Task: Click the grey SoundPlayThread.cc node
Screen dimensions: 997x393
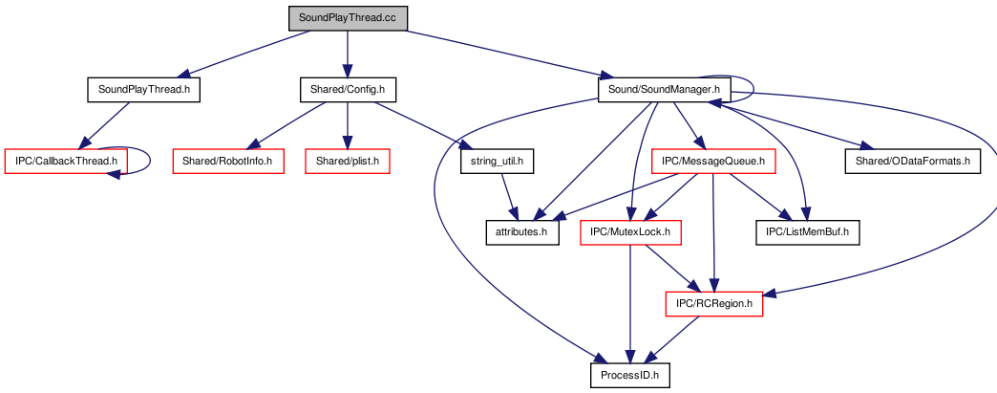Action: pyautogui.click(x=348, y=18)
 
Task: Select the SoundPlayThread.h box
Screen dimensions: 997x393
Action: pyautogui.click(x=143, y=90)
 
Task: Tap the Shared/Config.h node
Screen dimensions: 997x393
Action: pyautogui.click(x=348, y=90)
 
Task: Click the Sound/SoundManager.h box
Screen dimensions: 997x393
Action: pyautogui.click(x=664, y=90)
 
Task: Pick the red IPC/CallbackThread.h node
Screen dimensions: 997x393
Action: pyautogui.click(x=66, y=162)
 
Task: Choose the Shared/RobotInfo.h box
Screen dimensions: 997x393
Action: pyautogui.click(x=227, y=162)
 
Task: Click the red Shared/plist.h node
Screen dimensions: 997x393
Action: pyautogui.click(x=348, y=162)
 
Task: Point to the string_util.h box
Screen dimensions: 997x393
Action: pyautogui.click(x=497, y=162)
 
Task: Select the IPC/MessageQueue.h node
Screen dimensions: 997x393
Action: pyautogui.click(x=713, y=162)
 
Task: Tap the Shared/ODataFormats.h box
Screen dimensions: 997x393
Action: pyautogui.click(x=912, y=162)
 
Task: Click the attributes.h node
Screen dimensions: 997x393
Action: pyautogui.click(x=522, y=232)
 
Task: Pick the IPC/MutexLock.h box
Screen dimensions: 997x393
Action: pyautogui.click(x=630, y=232)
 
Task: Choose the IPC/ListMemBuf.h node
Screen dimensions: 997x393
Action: pyautogui.click(x=808, y=232)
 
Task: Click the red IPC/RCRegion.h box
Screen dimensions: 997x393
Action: pyautogui.click(x=714, y=304)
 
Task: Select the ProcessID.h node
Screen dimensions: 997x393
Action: pyautogui.click(x=630, y=375)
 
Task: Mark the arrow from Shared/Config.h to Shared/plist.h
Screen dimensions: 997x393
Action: pyautogui.click(x=348, y=125)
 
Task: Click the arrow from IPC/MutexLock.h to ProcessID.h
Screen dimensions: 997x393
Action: pyautogui.click(x=630, y=304)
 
